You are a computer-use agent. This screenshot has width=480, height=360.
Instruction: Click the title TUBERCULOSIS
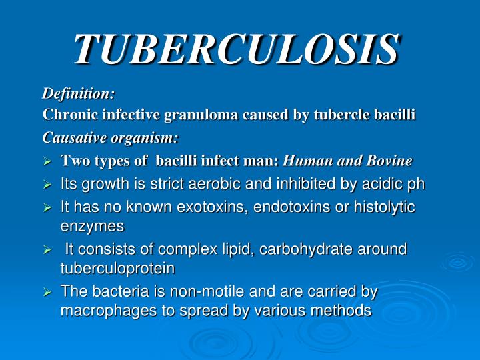[x=237, y=48]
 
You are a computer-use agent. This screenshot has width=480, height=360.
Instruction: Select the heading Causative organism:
[x=111, y=138]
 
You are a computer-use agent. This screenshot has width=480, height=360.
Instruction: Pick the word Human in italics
[x=305, y=161]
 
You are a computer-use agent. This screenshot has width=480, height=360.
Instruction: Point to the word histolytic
[x=387, y=207]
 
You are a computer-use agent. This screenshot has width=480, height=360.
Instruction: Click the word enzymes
[x=92, y=226]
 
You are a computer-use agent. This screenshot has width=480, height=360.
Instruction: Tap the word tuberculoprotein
[x=117, y=268]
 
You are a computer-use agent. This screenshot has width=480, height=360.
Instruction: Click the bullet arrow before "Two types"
[x=47, y=161]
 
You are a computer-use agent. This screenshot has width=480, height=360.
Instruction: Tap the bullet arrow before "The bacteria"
[x=47, y=292]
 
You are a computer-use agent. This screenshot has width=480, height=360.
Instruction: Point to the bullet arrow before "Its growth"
[x=47, y=185]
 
